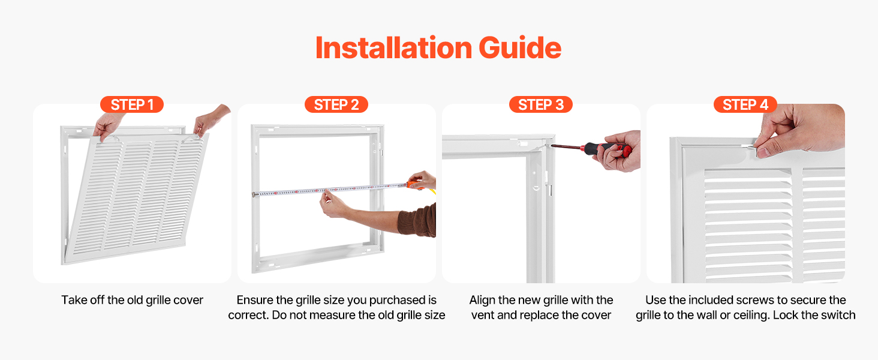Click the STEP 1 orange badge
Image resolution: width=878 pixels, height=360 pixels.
132,105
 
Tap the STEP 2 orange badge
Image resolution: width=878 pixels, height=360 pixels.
336,105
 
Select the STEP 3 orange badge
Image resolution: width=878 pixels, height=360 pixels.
541,105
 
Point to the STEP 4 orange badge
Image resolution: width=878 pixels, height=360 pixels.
745,105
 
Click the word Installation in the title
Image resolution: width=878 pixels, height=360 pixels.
393,48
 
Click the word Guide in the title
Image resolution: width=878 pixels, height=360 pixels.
520,48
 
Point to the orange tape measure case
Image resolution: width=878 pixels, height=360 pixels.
414,184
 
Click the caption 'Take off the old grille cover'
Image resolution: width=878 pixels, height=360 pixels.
132,300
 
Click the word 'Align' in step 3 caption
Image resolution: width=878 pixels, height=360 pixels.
482,300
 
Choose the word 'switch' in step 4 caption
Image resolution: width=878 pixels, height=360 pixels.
838,315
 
